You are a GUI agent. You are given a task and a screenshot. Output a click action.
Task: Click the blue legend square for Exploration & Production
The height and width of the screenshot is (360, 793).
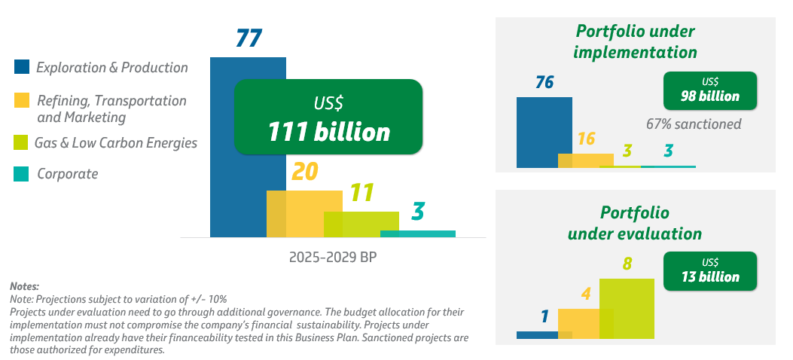point(23,67)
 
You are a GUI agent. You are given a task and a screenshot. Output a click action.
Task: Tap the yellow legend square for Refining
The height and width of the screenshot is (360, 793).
point(23,101)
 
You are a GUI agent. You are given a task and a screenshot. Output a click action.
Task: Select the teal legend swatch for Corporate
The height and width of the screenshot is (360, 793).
point(23,175)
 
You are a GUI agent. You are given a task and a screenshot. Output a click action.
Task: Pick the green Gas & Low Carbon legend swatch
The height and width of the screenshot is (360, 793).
point(23,142)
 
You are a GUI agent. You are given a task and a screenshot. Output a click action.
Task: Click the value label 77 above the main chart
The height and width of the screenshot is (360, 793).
point(249,38)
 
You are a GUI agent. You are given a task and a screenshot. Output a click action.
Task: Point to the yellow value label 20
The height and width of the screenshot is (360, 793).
point(304,172)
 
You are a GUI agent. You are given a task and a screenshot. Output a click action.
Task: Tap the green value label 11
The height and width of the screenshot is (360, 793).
point(361,194)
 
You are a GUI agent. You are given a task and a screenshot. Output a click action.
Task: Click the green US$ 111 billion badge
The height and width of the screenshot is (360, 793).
point(328,117)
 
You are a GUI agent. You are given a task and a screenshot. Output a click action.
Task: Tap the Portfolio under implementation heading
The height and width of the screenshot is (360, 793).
point(635,42)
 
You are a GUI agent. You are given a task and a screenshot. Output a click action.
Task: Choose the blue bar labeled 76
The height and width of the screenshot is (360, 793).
point(538,132)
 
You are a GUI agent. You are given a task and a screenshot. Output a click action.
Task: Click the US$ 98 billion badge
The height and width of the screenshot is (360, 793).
point(710,90)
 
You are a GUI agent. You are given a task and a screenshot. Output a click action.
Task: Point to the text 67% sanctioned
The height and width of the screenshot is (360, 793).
point(694,124)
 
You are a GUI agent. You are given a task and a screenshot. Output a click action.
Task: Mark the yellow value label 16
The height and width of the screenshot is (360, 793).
point(586,139)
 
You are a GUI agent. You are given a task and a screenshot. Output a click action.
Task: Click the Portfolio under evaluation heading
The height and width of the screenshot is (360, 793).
point(635,223)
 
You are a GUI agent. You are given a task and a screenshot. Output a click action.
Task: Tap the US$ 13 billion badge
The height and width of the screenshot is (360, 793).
point(710,271)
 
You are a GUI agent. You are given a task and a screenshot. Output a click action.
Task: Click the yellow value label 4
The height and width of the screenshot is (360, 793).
point(585,294)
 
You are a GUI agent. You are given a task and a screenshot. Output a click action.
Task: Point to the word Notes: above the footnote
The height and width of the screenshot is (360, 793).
point(24,286)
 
